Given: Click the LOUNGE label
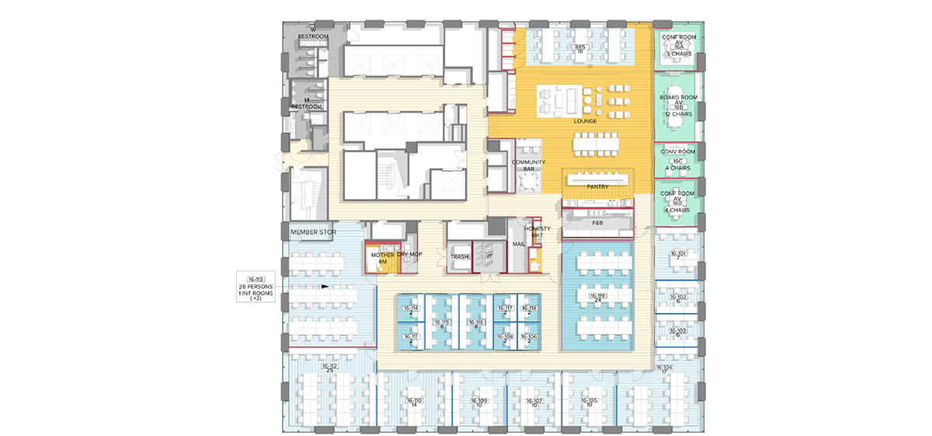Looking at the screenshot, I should click(585, 122).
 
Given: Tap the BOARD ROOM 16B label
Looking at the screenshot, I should click(678, 105).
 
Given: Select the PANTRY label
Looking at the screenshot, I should click(597, 187).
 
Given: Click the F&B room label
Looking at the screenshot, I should click(597, 222).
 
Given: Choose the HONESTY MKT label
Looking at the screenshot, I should click(537, 232).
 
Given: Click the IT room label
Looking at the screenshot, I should click(489, 255).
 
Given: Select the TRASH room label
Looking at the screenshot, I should click(459, 255).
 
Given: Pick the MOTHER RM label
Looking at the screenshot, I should click(382, 258).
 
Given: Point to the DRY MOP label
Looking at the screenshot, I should click(409, 254).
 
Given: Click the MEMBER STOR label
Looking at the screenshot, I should click(311, 232).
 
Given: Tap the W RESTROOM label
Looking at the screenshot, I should click(314, 33).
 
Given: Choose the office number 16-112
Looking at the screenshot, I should click(329, 367).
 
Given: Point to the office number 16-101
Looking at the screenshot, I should click(678, 253).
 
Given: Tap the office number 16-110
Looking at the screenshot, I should click(414, 402).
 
